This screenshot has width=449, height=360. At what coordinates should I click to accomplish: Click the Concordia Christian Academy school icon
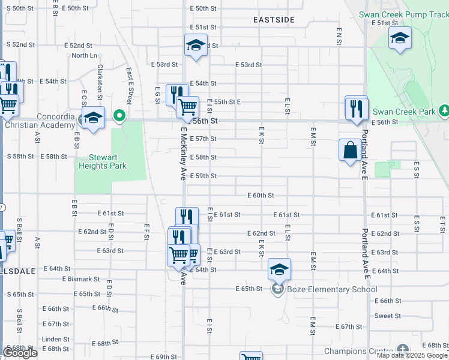(x=93, y=117)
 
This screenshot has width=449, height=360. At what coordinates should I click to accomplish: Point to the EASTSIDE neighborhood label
(x=274, y=20)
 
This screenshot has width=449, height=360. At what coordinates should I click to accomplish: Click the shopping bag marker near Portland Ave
(x=350, y=149)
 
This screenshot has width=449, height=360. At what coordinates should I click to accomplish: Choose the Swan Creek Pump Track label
(x=403, y=14)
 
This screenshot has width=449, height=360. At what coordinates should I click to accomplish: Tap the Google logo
(x=20, y=353)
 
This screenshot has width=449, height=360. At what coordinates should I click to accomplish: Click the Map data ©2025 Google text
(x=412, y=355)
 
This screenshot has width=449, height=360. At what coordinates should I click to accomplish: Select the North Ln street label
(x=84, y=56)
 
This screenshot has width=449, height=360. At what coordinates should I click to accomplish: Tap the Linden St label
(x=56, y=339)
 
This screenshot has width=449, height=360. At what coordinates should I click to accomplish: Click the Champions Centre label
(x=358, y=351)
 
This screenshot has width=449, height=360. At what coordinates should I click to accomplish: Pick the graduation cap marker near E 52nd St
(x=196, y=45)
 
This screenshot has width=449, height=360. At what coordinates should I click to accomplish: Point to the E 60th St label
(x=261, y=196)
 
